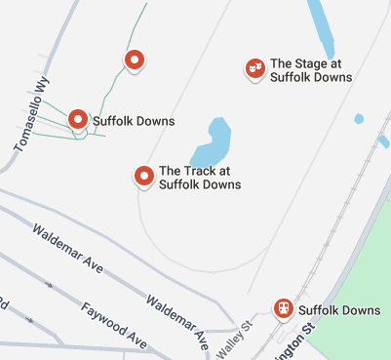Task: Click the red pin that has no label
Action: tap(136, 60)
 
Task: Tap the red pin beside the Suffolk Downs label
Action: tap(78, 119)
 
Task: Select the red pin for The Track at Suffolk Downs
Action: tap(144, 176)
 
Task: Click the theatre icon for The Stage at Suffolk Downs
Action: tap(255, 67)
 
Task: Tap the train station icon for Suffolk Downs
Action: tap(283, 307)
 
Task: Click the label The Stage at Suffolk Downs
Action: tap(312, 68)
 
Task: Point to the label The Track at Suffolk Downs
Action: tap(200, 177)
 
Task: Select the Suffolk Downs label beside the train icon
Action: tap(339, 311)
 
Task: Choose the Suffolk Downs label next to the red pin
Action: tap(134, 122)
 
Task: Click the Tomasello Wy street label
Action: tap(32, 115)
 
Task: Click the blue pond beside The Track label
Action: tap(212, 143)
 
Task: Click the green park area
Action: tap(361, 312)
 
